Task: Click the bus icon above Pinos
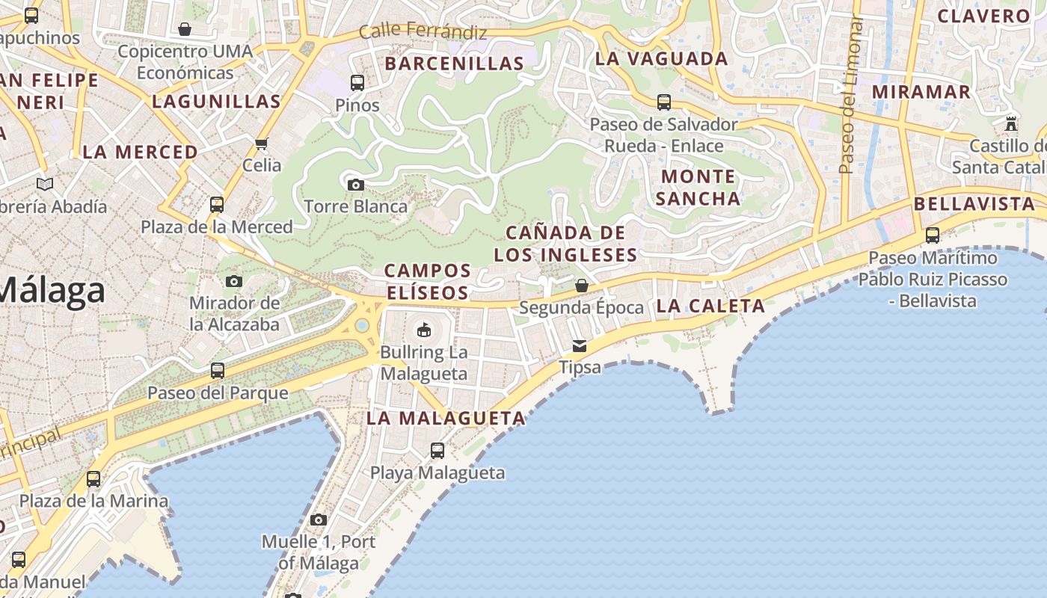coord(357,82)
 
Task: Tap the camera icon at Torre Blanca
coord(356,184)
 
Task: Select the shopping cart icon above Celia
coord(261,144)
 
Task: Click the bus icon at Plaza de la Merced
coord(217,204)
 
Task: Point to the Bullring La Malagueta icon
coord(424,329)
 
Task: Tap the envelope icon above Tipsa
coord(580,346)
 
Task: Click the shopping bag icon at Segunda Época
coord(581,286)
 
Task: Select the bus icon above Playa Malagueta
coord(437,451)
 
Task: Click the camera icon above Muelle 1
coord(319,520)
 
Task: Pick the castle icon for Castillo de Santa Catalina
coord(1011,123)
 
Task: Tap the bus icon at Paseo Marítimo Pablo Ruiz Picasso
coord(933,235)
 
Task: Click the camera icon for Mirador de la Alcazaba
coord(234,281)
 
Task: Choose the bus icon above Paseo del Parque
coord(218,370)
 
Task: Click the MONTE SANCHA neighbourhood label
coord(698,187)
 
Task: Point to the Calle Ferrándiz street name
coord(423,32)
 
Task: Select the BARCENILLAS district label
coord(454,64)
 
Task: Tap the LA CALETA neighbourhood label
coord(710,305)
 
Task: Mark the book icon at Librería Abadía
coord(45,184)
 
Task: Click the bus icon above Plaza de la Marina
coord(93,478)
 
